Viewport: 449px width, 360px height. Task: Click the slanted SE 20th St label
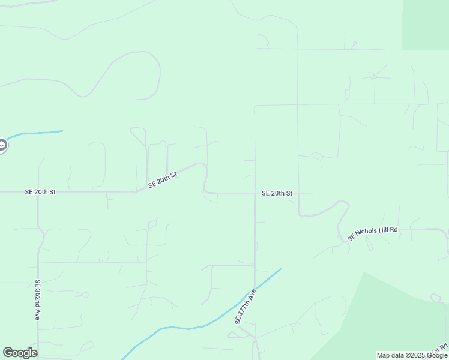[162, 179]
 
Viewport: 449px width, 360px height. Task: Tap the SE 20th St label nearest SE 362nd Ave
[40, 192]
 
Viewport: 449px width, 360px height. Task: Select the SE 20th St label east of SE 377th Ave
[277, 193]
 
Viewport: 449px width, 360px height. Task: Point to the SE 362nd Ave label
[38, 299]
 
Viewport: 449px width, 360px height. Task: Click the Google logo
[20, 353]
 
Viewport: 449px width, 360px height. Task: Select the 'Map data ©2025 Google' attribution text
[412, 356]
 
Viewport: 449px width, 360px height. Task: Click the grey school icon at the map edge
[2, 145]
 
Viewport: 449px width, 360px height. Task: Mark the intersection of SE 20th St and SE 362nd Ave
[38, 193]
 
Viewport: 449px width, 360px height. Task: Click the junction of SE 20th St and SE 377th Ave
[255, 193]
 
